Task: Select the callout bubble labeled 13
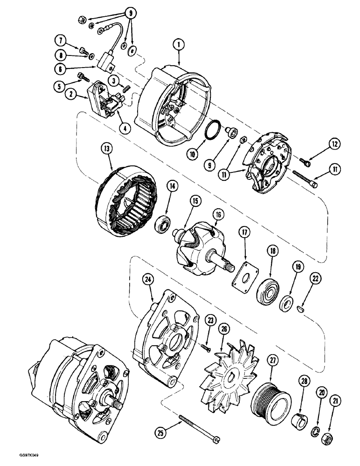[108, 150]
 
